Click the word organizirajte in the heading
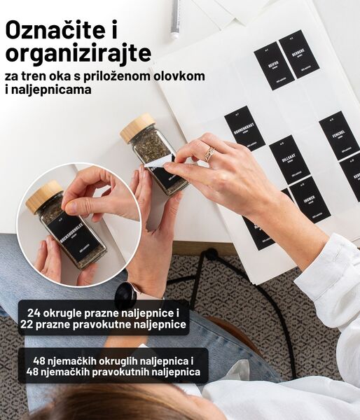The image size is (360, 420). coord(78,53)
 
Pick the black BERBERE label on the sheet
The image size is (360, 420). coord(299,53)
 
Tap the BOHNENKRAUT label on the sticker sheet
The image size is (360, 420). coord(244,128)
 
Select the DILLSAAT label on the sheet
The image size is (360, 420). coord(289,159)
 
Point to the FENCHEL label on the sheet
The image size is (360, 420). coord(339,134)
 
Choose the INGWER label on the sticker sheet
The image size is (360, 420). coord(309,199)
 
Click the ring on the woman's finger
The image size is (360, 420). coord(209,153)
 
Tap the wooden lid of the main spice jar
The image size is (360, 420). coord(137,128)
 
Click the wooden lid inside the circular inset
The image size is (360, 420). coord(43,197)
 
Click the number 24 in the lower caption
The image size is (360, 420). coord(36,311)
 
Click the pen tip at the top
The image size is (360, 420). coord(175,32)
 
